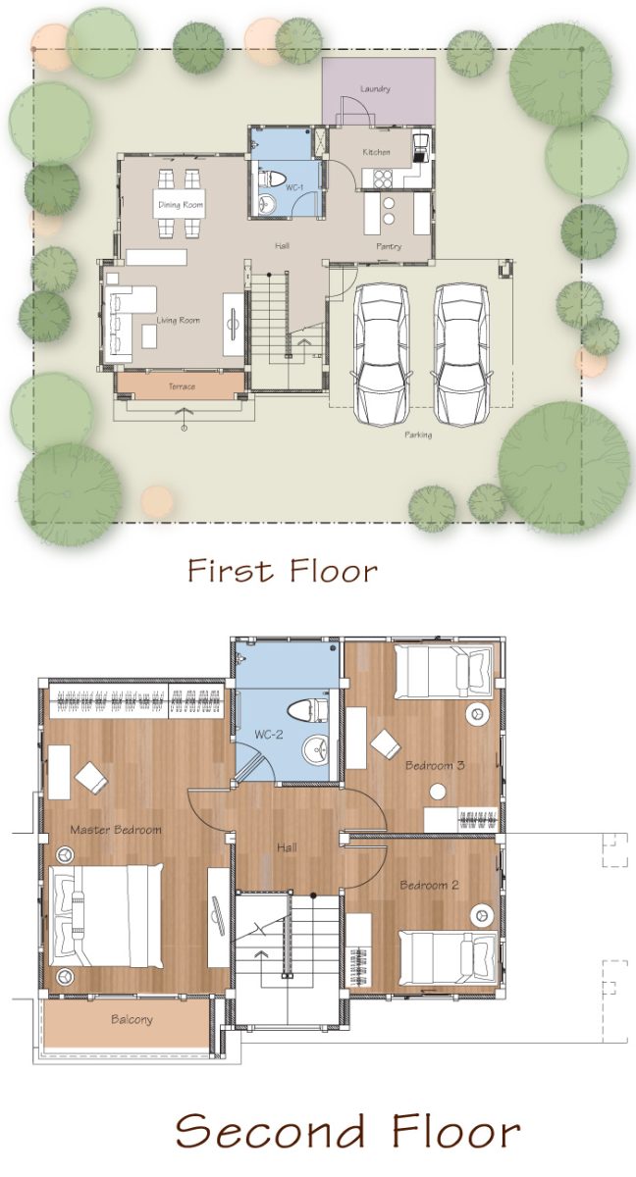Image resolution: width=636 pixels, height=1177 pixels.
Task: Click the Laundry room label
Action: [375, 89]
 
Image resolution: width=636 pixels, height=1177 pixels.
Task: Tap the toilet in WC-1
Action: [273, 179]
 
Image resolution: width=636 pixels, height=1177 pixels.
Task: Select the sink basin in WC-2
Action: [316, 748]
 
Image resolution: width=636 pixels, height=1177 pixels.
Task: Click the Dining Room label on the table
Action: [181, 205]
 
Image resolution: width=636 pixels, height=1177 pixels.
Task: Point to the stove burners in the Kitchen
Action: [382, 179]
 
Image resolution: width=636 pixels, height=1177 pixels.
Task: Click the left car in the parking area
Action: [382, 354]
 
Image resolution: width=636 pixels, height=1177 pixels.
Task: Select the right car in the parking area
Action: [461, 354]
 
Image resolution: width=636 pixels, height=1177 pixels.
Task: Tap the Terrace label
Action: [182, 386]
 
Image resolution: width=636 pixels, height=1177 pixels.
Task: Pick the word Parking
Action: [418, 435]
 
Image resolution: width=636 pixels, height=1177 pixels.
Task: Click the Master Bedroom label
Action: [116, 830]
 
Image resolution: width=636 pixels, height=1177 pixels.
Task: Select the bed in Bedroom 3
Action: [444, 672]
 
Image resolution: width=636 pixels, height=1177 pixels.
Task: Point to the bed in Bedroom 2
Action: [448, 958]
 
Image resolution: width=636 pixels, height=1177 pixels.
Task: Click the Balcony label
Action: [132, 1019]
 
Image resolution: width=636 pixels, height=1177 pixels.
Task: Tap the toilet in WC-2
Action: [308, 710]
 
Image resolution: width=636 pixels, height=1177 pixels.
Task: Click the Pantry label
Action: [389, 246]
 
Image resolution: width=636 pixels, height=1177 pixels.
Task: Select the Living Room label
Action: [179, 320]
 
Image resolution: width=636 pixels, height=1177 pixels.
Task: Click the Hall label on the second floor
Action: [287, 847]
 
